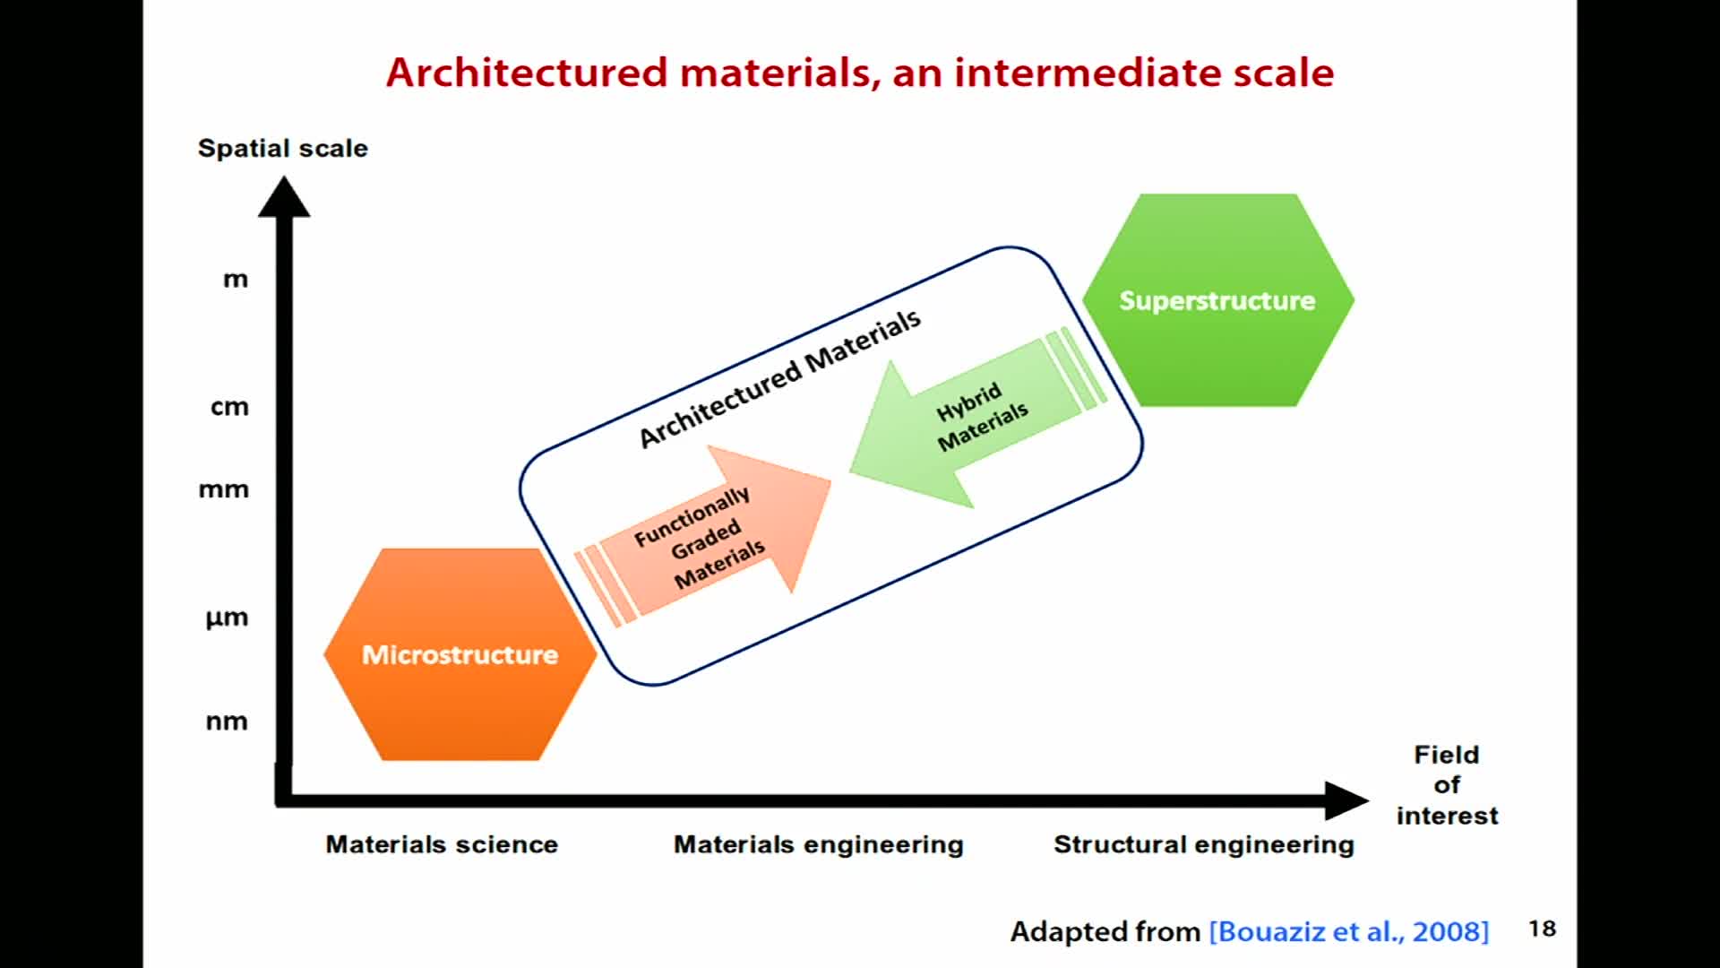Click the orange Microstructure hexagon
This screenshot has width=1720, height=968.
coord(460,654)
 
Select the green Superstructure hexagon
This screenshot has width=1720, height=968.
coord(1217,300)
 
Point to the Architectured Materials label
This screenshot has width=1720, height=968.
coord(779,377)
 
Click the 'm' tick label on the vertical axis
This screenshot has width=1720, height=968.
coord(236,280)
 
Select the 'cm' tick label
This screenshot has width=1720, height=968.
coord(229,407)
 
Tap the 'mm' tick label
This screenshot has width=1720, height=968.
coord(224,489)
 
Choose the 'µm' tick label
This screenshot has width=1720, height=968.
coord(227,618)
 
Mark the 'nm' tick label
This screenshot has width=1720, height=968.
coord(227,722)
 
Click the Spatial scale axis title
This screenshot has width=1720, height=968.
coord(283,148)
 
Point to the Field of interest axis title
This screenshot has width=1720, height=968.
coord(1447,785)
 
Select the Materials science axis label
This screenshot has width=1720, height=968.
coord(442,844)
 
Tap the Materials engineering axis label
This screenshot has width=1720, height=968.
coord(819,844)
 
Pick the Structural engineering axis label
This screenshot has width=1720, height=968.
coord(1204,844)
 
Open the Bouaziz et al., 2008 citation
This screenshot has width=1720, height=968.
coord(1349,931)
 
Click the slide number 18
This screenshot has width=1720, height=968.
coord(1542,929)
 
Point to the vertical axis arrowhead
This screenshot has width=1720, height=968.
coord(284,198)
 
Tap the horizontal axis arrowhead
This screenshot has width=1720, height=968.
coord(1346,799)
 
